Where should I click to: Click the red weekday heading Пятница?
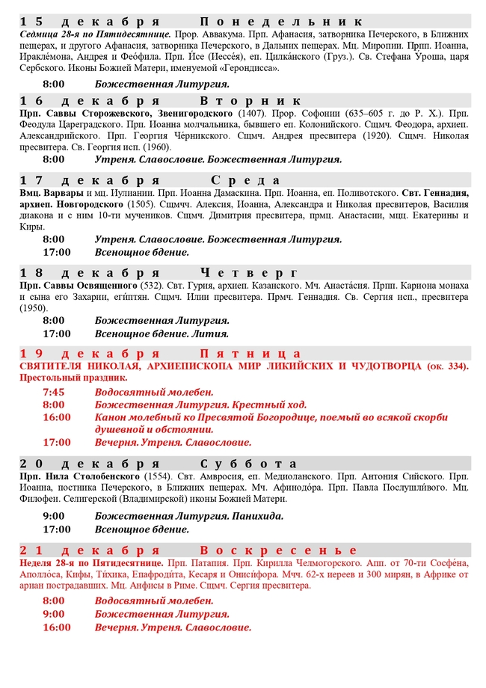click(250, 353)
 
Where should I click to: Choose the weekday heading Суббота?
click(253, 463)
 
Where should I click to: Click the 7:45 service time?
click(54, 392)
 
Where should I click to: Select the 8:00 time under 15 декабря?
click(54, 84)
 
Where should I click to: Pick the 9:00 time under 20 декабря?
click(54, 516)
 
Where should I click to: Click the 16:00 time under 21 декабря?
click(57, 627)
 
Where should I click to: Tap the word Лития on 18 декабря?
click(212, 334)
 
